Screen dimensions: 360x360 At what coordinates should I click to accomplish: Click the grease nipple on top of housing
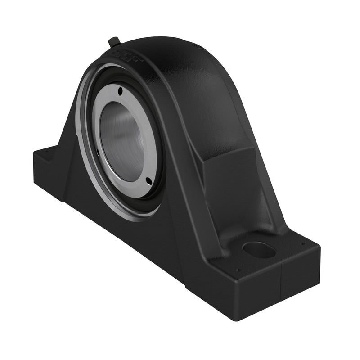click(x=113, y=42)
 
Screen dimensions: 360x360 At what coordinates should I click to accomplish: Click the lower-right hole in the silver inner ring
click(x=148, y=180)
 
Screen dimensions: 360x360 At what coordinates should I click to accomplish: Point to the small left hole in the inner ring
click(x=98, y=152)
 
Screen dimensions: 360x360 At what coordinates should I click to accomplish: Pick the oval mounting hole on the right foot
click(x=259, y=249)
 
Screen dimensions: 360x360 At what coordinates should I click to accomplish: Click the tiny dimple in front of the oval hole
click(x=238, y=270)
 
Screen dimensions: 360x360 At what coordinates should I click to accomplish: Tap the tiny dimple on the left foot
click(x=45, y=153)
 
